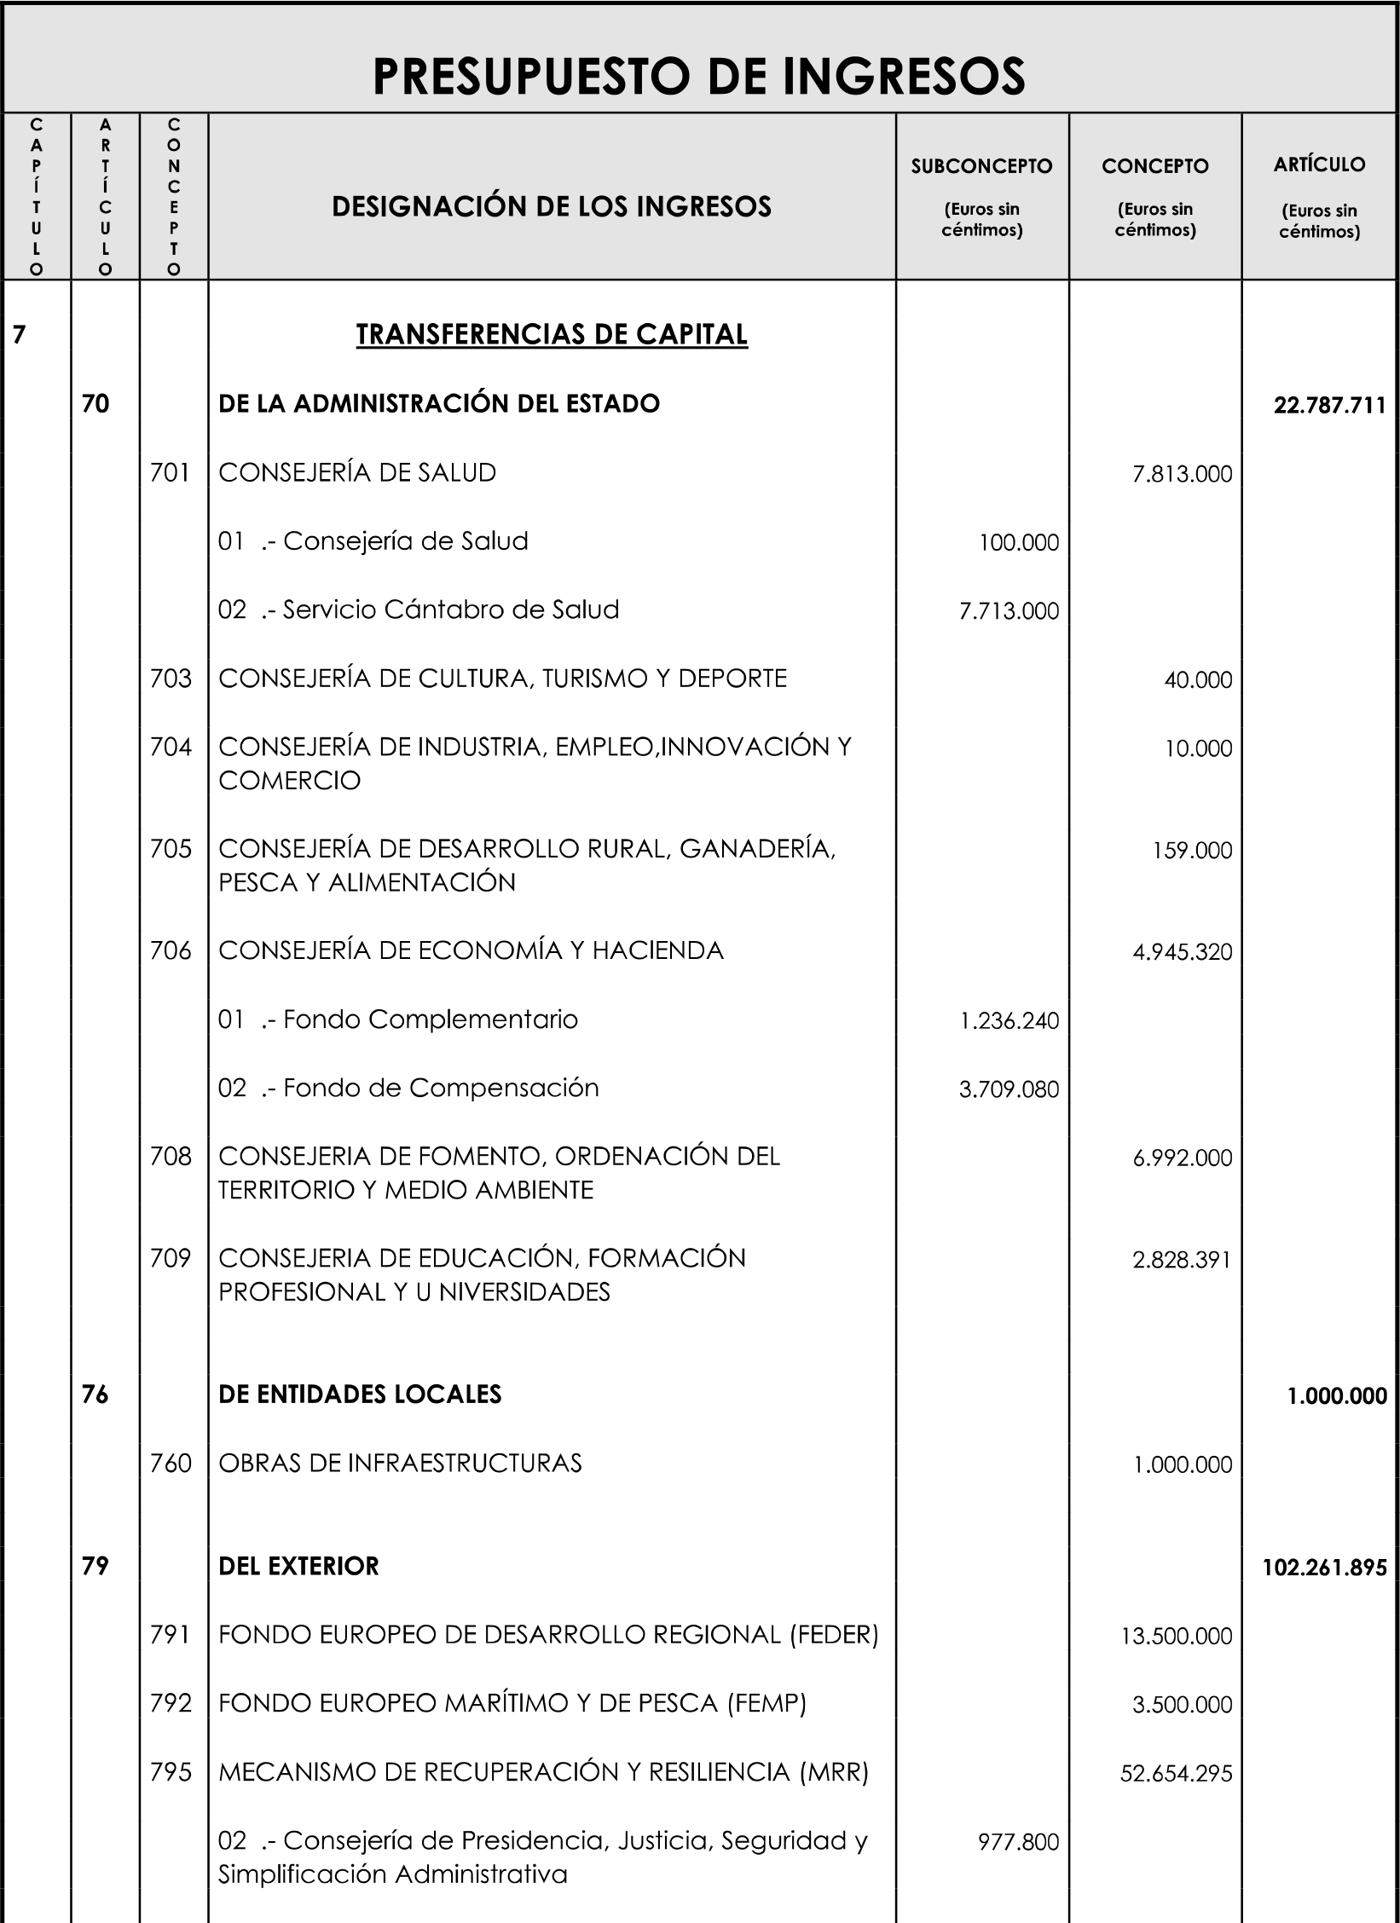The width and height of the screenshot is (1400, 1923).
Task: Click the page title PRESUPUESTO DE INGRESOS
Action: tap(699, 77)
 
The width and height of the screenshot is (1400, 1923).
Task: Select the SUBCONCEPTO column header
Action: tap(981, 166)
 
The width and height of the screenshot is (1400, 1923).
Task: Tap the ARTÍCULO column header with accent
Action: tap(1319, 165)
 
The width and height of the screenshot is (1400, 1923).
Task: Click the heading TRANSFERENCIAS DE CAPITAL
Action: tap(552, 334)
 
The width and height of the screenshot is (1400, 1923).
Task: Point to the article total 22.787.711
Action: tap(1330, 406)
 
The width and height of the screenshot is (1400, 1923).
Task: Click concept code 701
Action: tap(171, 473)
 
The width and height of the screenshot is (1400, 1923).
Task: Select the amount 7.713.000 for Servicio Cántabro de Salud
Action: tap(1009, 611)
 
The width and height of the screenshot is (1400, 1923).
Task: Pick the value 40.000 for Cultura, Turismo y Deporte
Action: tap(1198, 680)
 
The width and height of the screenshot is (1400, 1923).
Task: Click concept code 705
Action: tap(171, 849)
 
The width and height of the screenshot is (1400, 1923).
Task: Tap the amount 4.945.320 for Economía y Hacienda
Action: tap(1182, 952)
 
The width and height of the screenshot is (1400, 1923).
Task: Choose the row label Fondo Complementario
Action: tap(430, 1019)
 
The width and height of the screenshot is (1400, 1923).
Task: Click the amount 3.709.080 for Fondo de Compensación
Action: tap(1009, 1089)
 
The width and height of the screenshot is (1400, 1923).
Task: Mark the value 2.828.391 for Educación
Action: tap(1182, 1260)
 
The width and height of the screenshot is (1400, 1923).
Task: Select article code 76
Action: tap(95, 1395)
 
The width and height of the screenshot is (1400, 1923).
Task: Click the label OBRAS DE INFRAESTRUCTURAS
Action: tap(400, 1464)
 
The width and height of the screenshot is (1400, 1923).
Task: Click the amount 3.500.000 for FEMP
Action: tap(1182, 1705)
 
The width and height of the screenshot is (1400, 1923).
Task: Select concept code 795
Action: tap(171, 1772)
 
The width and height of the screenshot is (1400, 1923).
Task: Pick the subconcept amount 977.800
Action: tap(1018, 1842)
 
